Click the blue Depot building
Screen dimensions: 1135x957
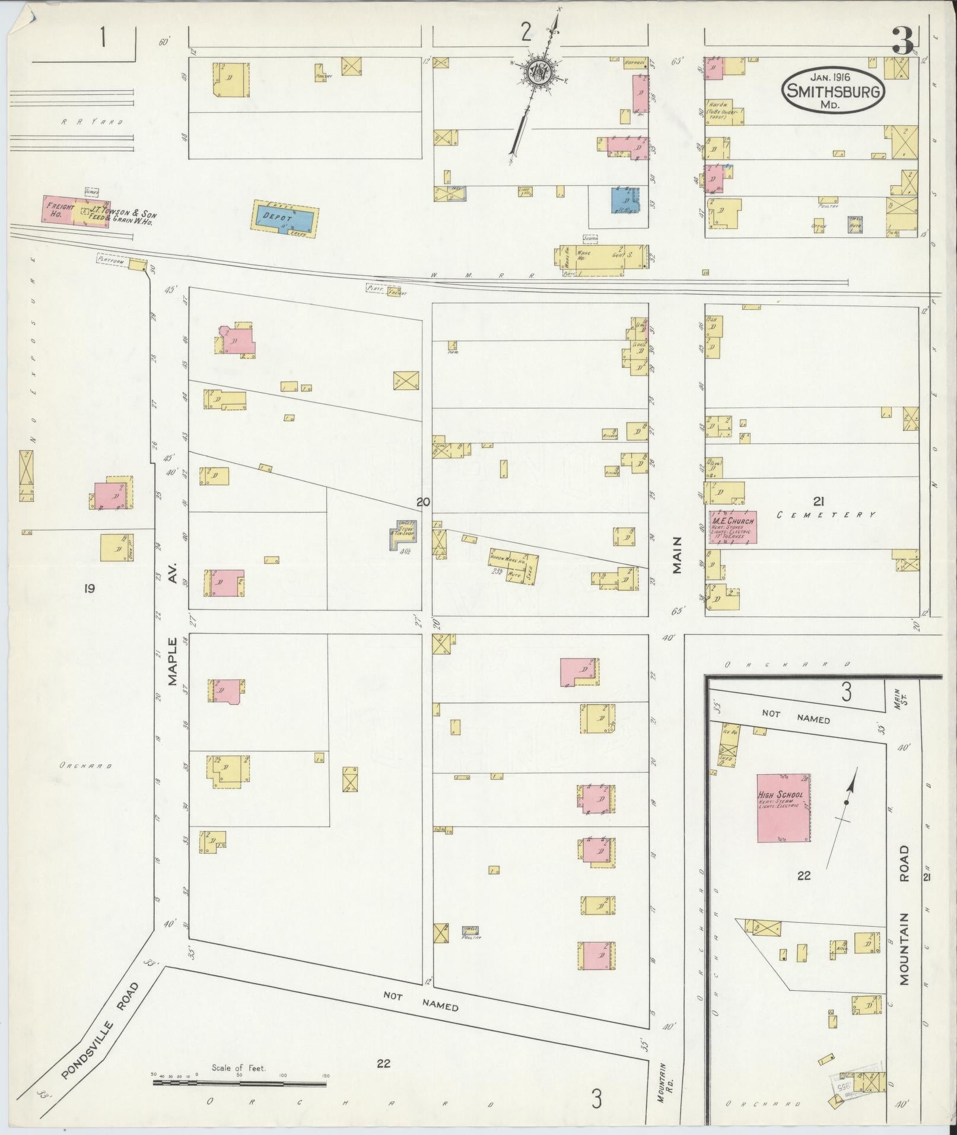click(286, 219)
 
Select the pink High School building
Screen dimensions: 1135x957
click(783, 807)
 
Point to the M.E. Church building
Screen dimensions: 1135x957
click(732, 527)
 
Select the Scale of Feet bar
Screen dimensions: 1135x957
click(240, 1083)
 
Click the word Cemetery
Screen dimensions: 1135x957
click(826, 515)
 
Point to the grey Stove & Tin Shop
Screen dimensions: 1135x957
click(403, 535)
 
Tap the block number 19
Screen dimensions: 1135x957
click(89, 589)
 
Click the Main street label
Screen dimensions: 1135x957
click(677, 555)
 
